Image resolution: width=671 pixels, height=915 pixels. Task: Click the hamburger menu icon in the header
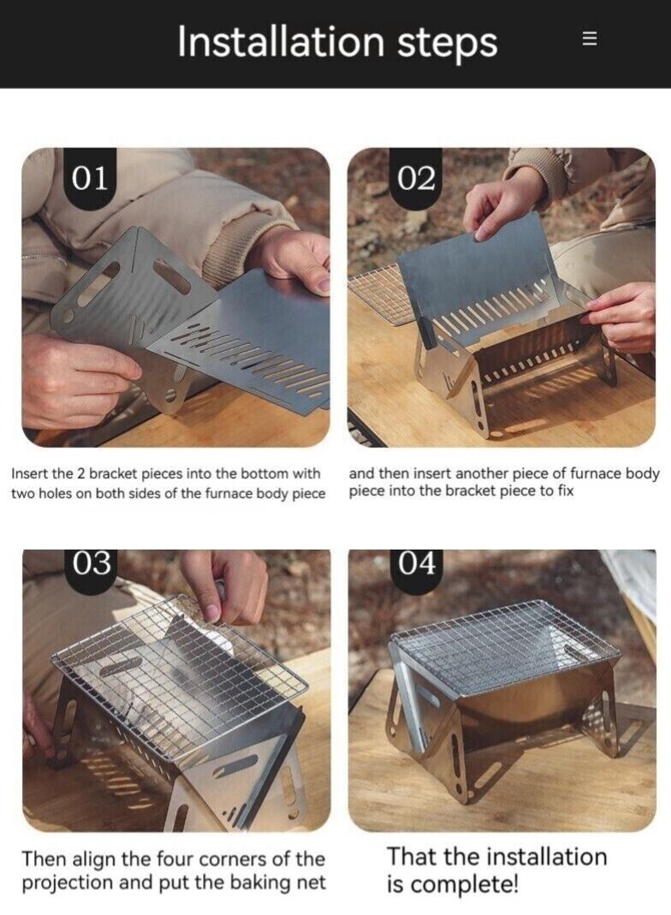[x=589, y=39]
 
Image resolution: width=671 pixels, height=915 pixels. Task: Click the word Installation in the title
[x=280, y=42]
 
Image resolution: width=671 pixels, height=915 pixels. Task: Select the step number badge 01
[x=90, y=178]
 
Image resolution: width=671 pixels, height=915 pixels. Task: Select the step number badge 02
[x=416, y=178]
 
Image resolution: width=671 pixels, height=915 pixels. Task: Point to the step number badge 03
[x=91, y=562]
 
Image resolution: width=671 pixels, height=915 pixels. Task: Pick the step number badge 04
[x=416, y=562]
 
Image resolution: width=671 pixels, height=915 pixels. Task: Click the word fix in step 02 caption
[x=564, y=492]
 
